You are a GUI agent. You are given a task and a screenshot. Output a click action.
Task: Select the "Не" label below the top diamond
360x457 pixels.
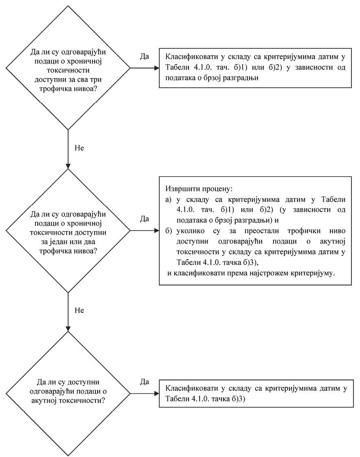[x=79, y=147]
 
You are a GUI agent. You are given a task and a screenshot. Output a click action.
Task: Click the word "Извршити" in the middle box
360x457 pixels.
[x=180, y=190]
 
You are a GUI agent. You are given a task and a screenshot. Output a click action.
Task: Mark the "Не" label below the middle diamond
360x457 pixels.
[x=79, y=310]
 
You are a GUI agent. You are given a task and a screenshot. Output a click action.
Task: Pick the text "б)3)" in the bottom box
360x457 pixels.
[x=235, y=399]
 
